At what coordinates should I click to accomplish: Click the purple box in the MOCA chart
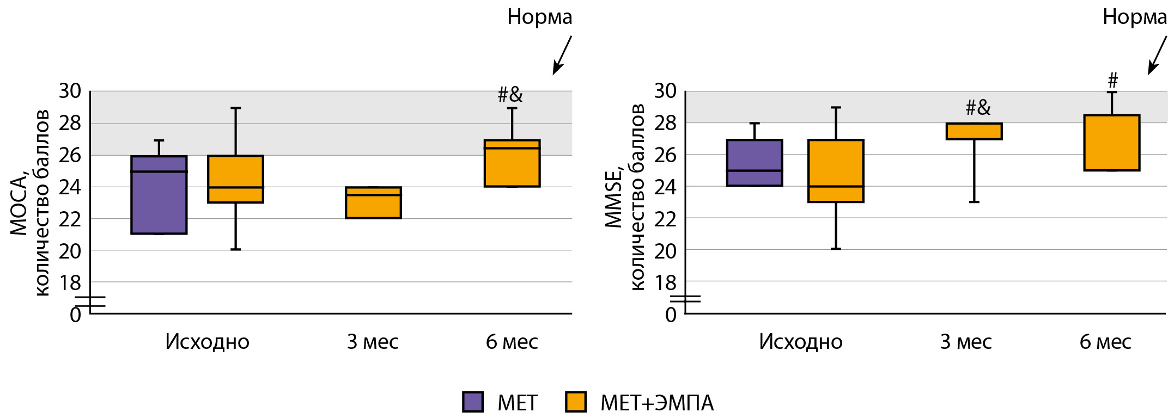tap(159, 195)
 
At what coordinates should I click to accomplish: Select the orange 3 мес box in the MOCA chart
tap(373, 202)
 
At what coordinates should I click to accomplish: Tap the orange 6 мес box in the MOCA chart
tap(512, 163)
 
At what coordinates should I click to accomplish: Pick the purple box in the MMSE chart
tap(755, 163)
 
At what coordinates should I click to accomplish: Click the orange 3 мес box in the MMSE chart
tap(974, 131)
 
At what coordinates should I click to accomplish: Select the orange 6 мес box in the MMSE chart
tap(1111, 143)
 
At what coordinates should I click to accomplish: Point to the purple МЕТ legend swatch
tap(472, 402)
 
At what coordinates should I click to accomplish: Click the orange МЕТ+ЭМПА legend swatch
tap(575, 402)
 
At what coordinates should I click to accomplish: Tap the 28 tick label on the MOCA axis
tap(70, 123)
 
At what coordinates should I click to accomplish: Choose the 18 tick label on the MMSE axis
tap(665, 283)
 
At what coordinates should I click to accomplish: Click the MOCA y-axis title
tap(31, 202)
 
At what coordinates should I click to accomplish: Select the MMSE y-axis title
tap(625, 197)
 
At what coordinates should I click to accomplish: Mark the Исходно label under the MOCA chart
tap(207, 342)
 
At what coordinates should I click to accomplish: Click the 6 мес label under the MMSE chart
tap(1105, 342)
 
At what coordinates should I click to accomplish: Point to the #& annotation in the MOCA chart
tap(510, 95)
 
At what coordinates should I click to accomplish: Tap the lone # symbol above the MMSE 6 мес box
tap(1112, 81)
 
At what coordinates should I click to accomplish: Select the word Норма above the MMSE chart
tap(1134, 17)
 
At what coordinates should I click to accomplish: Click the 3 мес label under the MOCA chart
tap(373, 342)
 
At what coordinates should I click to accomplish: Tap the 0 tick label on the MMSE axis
tap(671, 315)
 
